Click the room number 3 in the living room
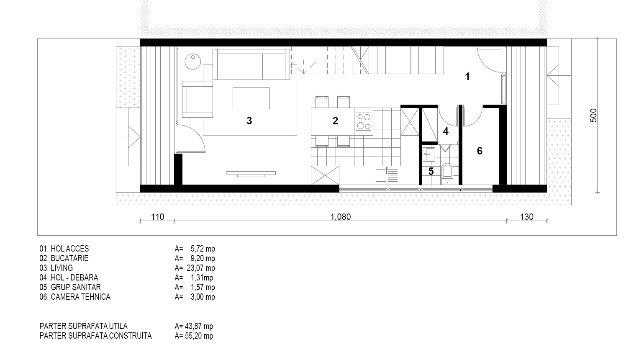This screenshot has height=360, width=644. pyautogui.click(x=249, y=121)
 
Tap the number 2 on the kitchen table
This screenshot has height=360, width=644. pyautogui.click(x=335, y=121)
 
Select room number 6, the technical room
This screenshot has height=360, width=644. pyautogui.click(x=480, y=151)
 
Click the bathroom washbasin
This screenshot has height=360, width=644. pyautogui.click(x=428, y=154)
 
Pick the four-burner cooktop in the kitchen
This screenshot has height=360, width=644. pyautogui.click(x=363, y=122)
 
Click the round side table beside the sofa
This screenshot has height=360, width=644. pyautogui.click(x=192, y=62)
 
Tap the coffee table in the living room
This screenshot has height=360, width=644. pyautogui.click(x=251, y=98)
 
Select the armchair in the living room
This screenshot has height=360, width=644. pyautogui.click(x=198, y=100)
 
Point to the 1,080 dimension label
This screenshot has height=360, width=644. pyautogui.click(x=341, y=217)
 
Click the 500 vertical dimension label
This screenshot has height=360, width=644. pyautogui.click(x=593, y=115)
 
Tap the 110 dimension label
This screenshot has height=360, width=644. pyautogui.click(x=158, y=217)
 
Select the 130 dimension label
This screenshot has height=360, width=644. pyautogui.click(x=527, y=217)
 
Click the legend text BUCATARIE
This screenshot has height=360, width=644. pyautogui.click(x=69, y=258)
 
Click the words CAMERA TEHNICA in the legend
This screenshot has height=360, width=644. pyautogui.click(x=80, y=297)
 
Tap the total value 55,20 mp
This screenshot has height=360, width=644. pyautogui.click(x=199, y=336)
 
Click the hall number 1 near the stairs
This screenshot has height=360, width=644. pyautogui.click(x=467, y=77)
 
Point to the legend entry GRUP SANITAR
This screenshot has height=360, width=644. pyautogui.click(x=76, y=287)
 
